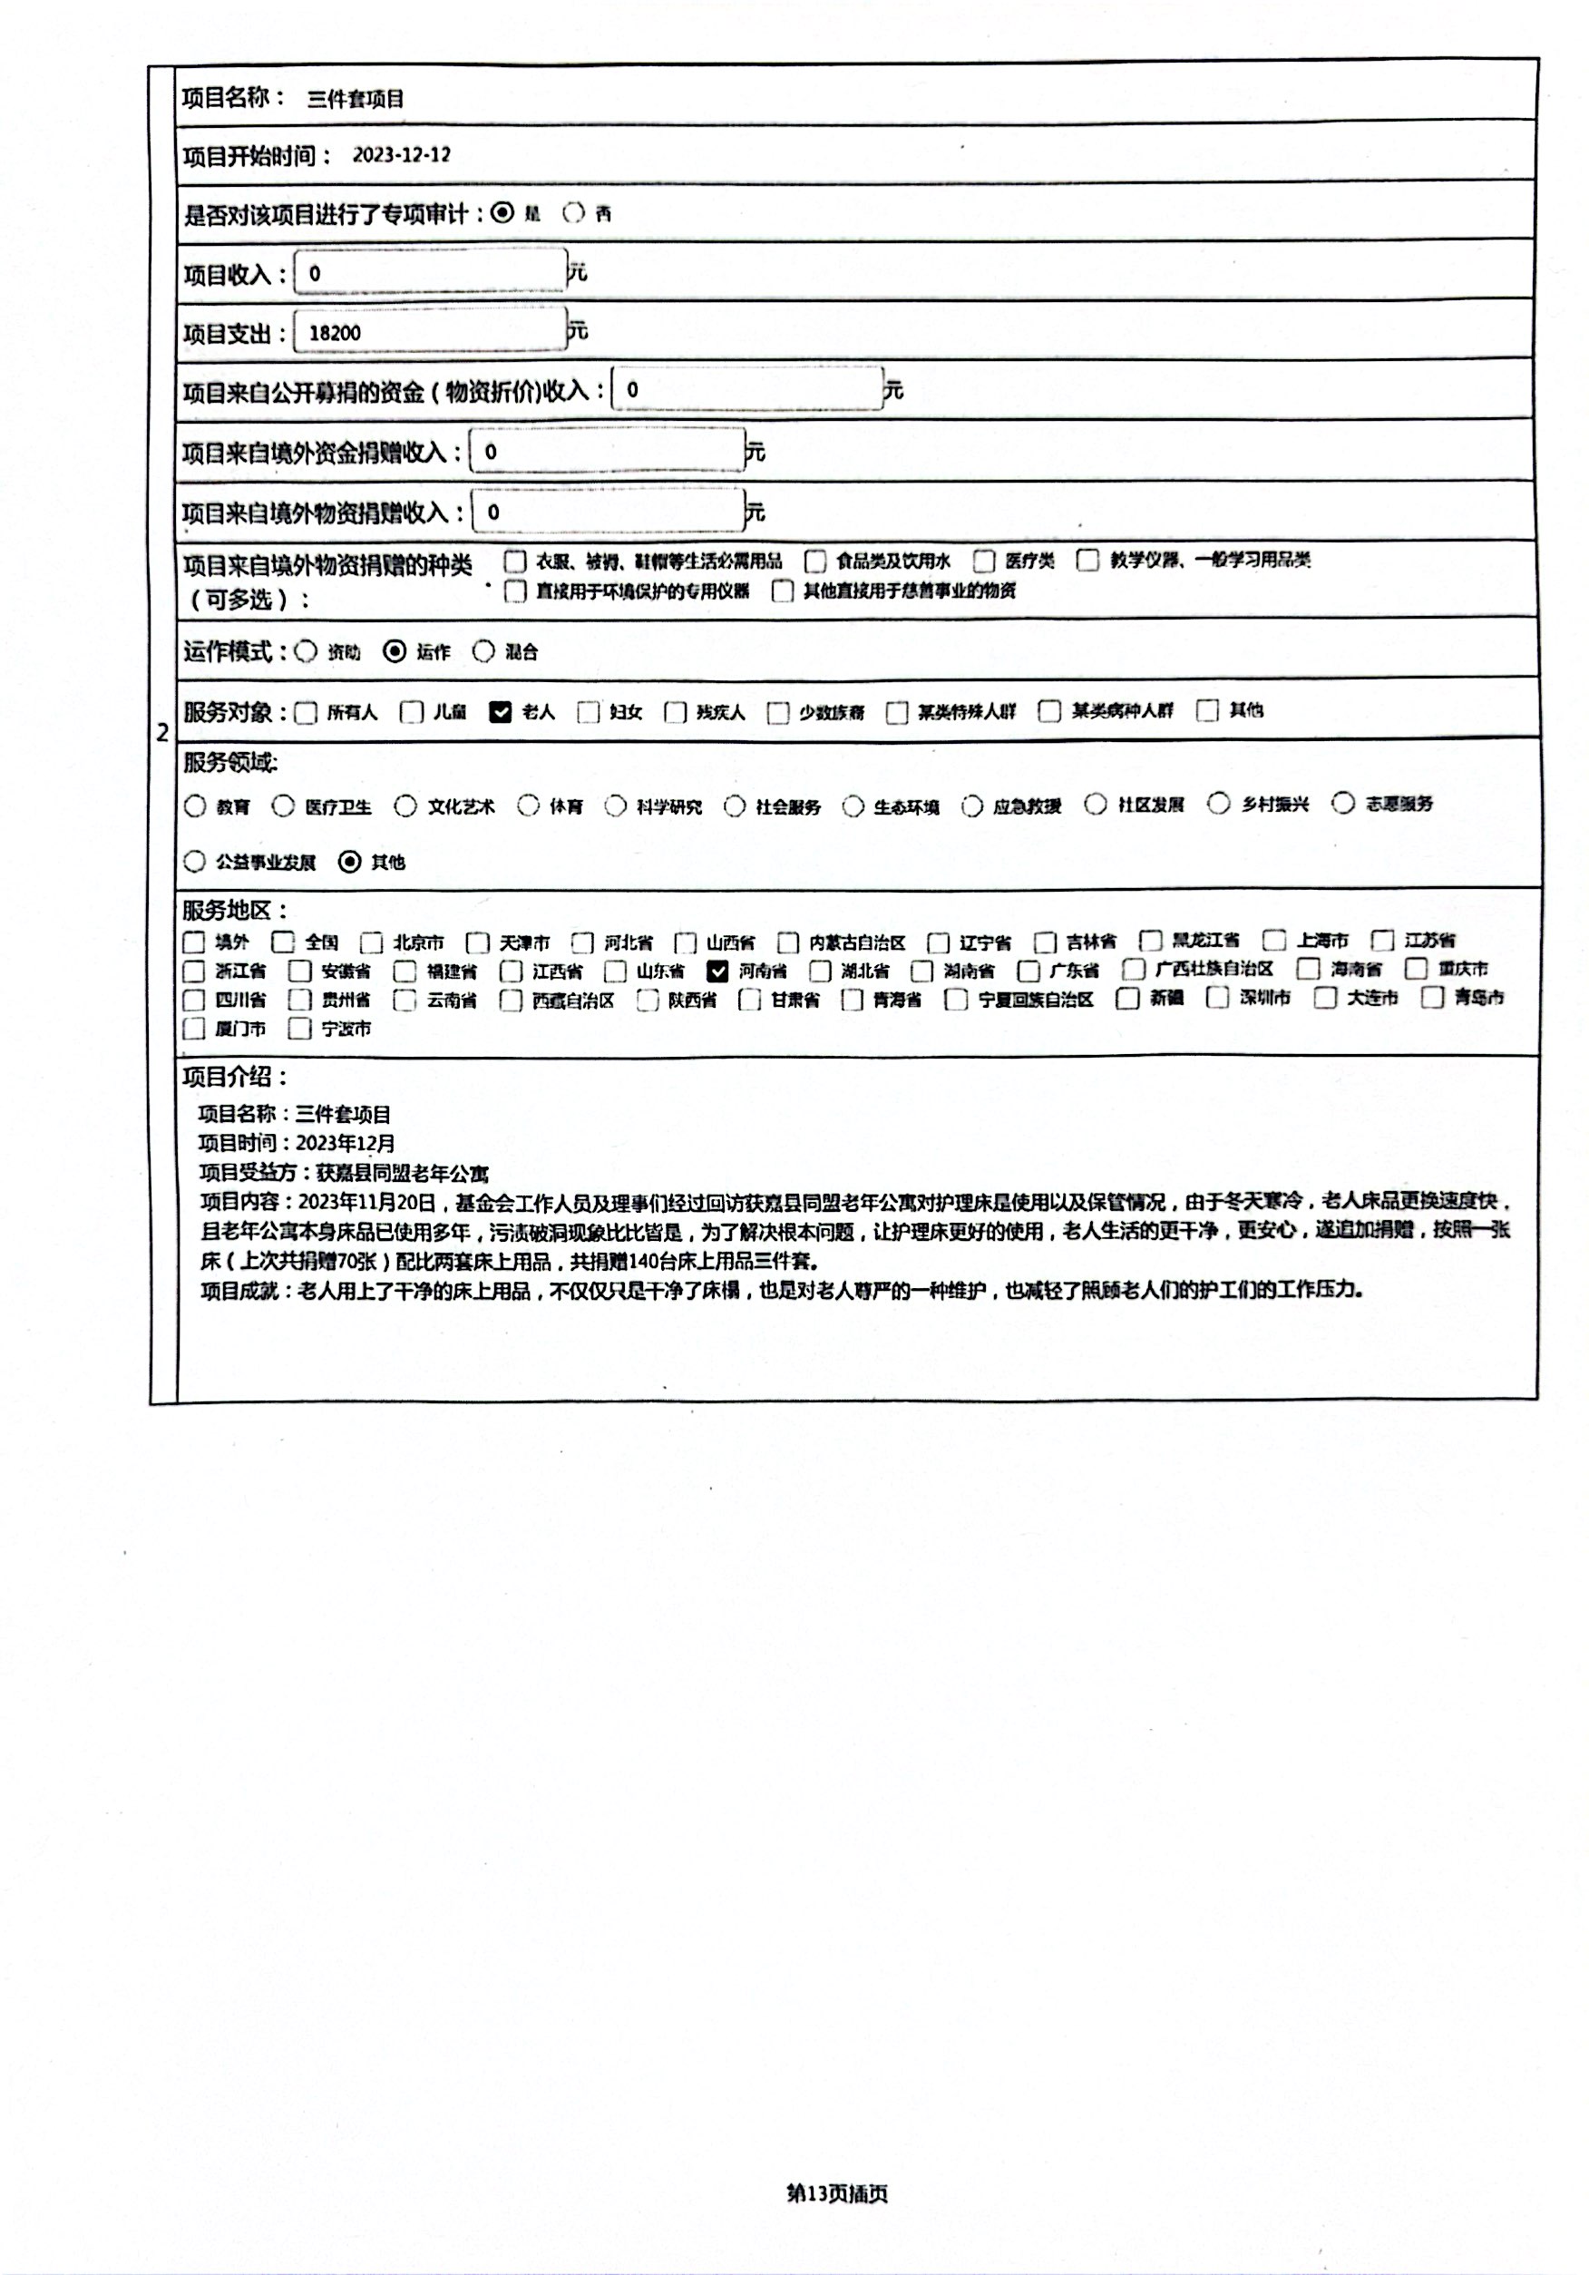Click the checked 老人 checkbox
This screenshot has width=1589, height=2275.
(501, 711)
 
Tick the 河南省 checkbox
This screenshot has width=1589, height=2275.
(717, 971)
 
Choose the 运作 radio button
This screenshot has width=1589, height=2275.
(395, 651)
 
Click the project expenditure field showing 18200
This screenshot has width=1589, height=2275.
(430, 333)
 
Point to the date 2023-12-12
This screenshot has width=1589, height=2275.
(401, 155)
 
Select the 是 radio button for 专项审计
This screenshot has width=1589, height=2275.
(503, 213)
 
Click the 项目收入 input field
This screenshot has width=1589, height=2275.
(430, 273)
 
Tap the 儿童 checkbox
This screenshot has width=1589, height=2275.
(411, 711)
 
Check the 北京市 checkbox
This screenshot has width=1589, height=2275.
(372, 942)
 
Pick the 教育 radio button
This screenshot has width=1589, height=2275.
(195, 806)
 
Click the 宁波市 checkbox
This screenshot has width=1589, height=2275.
(299, 1029)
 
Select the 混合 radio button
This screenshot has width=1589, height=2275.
(483, 651)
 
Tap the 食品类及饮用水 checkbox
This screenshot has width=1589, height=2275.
(815, 561)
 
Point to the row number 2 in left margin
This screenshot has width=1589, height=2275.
(162, 734)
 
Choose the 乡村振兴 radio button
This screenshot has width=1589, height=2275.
(1218, 804)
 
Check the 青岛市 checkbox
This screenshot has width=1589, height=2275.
(1432, 998)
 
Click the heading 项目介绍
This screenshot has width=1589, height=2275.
(235, 1077)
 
